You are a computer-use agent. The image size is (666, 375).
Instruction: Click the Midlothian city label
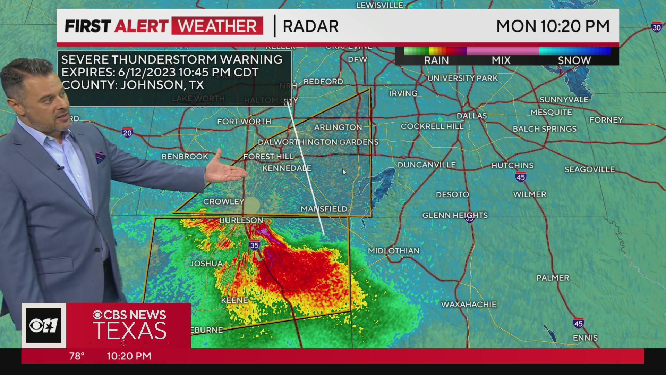coord(394,251)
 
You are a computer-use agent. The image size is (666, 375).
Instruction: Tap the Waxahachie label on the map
coord(469,305)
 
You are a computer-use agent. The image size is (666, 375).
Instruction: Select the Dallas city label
coord(471,116)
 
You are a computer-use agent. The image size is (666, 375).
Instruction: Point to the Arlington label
coord(338,127)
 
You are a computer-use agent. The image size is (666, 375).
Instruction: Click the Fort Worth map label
coord(244,122)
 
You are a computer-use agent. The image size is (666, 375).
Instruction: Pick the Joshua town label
coord(206,264)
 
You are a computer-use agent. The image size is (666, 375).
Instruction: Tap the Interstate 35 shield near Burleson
coord(254,245)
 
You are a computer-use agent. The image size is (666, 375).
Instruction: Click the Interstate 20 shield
coord(127,132)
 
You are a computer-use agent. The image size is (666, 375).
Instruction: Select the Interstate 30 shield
coord(656,27)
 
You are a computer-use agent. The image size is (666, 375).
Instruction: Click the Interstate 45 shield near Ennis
coord(578,323)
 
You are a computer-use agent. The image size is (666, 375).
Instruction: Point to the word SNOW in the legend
coord(574,60)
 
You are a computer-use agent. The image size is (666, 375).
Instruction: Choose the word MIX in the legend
coord(501,60)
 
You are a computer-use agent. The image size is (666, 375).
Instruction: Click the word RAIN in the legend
coord(436,60)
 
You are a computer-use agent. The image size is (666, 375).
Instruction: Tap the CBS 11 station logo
coord(44,325)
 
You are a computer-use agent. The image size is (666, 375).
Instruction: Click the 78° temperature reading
coord(77,356)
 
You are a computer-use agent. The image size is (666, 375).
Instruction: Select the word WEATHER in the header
coord(217,26)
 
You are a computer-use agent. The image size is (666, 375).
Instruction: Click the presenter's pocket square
coord(101,157)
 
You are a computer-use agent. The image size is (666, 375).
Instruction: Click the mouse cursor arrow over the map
coord(344,172)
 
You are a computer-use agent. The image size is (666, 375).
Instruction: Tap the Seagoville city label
coord(589,169)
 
